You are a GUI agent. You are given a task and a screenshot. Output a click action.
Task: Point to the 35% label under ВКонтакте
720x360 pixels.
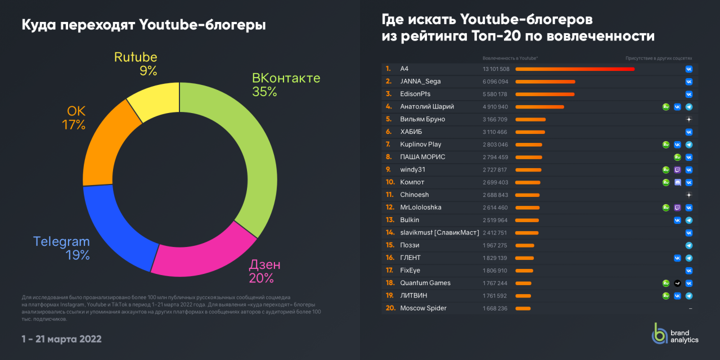(x=264, y=92)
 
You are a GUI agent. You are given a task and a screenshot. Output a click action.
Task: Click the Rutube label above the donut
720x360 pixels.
(x=136, y=57)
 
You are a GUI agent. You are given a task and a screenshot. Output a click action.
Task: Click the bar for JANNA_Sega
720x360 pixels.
(x=545, y=82)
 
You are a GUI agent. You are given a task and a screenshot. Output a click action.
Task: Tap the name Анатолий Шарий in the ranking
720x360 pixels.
(x=427, y=106)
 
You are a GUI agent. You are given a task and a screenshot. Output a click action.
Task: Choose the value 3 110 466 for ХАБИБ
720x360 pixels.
(x=495, y=132)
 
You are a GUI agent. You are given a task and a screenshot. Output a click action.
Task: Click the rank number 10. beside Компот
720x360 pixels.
(x=390, y=182)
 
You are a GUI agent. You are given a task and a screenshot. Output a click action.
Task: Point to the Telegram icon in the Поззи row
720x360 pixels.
(x=688, y=245)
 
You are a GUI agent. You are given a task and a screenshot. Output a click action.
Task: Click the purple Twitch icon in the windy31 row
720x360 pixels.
(x=677, y=169)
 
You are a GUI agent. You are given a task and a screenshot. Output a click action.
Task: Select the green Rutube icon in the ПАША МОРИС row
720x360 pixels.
(x=677, y=157)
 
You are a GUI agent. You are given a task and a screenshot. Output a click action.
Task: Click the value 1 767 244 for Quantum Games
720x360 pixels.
(x=495, y=283)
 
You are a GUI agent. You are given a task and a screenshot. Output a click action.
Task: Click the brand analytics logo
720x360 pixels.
(x=674, y=336)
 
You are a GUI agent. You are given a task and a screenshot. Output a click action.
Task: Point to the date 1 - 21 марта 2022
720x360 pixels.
(x=61, y=339)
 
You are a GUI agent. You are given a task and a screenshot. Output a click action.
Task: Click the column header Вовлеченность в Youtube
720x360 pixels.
(x=510, y=58)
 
